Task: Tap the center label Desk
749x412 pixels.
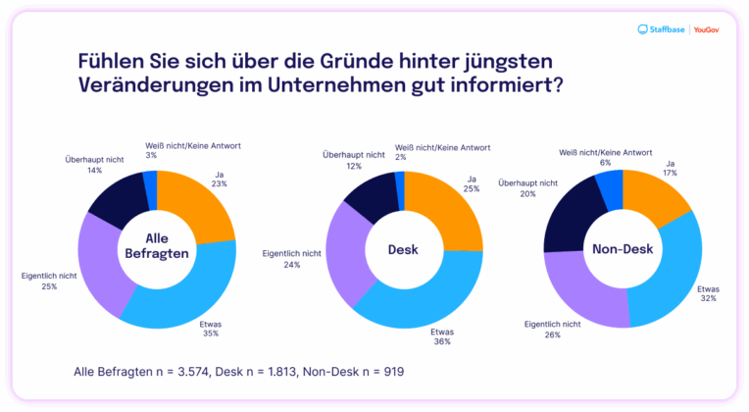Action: point(403,249)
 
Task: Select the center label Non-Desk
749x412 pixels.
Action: point(623,249)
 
